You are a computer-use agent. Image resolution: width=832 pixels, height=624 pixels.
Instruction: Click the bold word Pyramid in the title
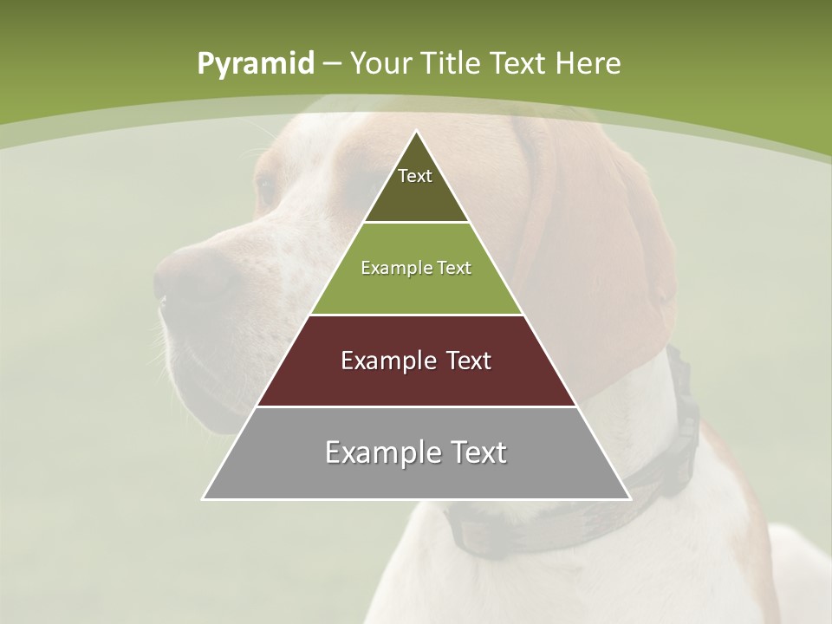[x=255, y=64]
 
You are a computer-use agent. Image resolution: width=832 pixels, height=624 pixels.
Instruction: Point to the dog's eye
[x=265, y=186]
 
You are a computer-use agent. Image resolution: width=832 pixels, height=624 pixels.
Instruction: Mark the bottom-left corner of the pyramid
[x=203, y=499]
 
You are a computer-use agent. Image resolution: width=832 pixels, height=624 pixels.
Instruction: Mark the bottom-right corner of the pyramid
[x=630, y=499]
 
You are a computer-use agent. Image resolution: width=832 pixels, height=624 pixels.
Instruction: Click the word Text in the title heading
[x=521, y=64]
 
